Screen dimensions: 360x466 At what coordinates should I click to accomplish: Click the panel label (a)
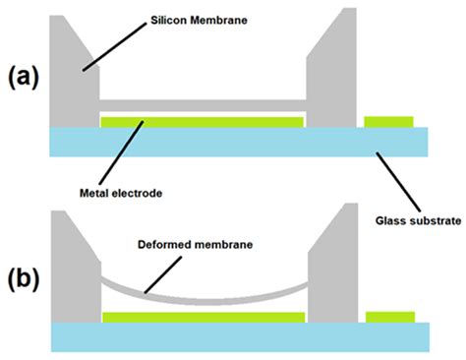click(x=25, y=78)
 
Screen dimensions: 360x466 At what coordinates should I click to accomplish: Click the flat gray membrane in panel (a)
click(x=202, y=103)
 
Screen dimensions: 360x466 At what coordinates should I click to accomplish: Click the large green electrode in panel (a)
click(x=202, y=121)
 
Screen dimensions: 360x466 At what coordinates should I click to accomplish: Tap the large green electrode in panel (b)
click(x=202, y=317)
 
